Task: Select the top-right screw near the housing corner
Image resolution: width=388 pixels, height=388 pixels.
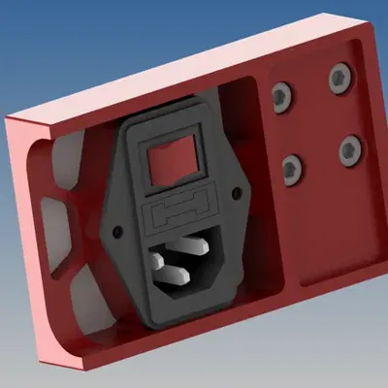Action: (339, 78)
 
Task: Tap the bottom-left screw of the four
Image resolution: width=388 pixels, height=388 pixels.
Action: (292, 171)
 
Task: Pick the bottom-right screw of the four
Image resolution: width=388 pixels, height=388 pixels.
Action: (349, 148)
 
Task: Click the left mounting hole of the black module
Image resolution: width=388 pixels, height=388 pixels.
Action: (116, 234)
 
